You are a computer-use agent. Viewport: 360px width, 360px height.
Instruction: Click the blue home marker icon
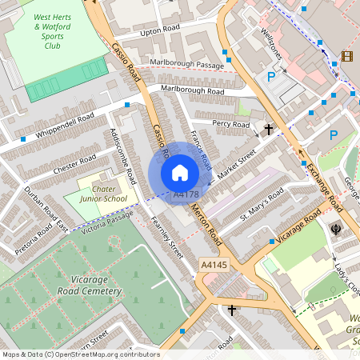(180, 173)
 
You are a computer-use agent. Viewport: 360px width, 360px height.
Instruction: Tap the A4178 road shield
(186, 194)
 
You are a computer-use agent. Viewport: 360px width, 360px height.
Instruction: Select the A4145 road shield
(214, 265)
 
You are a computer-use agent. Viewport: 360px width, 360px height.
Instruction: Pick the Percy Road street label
(231, 124)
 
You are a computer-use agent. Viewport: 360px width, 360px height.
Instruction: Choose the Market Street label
(233, 157)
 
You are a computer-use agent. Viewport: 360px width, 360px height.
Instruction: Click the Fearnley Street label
(166, 241)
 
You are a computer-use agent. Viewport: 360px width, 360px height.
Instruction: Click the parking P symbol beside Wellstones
(271, 77)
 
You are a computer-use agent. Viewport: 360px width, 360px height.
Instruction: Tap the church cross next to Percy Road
(269, 128)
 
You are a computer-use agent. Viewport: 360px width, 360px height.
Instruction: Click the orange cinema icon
(346, 55)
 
